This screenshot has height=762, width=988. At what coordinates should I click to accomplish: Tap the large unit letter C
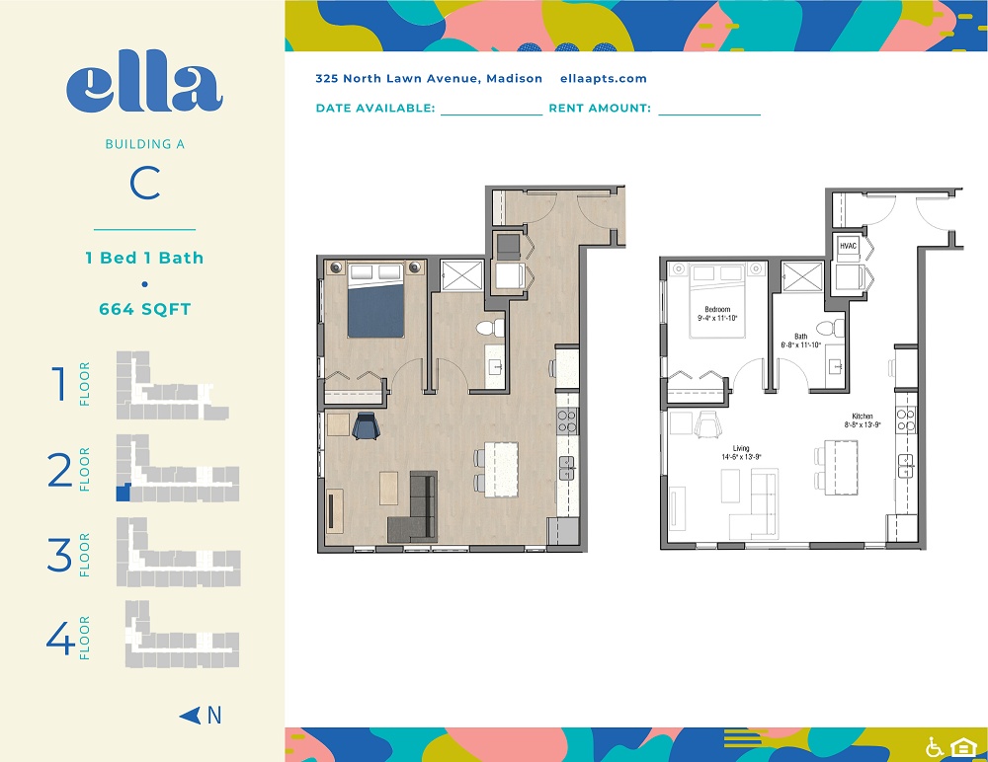[x=145, y=184]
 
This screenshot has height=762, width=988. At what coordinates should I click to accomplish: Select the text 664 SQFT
[x=145, y=309]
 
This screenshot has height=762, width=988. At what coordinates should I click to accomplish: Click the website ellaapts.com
[x=603, y=79]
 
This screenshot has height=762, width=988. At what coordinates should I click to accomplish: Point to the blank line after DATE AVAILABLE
[x=491, y=114]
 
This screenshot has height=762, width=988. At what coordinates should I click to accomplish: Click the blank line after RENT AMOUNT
[x=709, y=114]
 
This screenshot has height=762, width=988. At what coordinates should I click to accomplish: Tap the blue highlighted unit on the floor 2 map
[x=123, y=493]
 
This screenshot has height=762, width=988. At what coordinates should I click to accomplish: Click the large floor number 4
[x=60, y=638]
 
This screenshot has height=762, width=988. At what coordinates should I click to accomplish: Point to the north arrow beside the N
[x=190, y=716]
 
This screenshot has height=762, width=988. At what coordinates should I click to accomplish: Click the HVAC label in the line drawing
[x=848, y=246]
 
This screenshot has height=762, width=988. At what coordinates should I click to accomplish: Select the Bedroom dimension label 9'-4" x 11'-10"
[x=717, y=318]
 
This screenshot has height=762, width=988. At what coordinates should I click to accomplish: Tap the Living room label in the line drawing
[x=741, y=448]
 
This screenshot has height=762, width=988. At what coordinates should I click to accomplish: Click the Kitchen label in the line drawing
[x=863, y=417]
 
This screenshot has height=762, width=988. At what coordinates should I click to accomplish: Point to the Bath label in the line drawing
[x=801, y=337]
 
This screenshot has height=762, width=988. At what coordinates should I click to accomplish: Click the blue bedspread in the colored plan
[x=375, y=311]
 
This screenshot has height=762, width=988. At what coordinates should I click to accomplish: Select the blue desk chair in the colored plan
[x=366, y=425]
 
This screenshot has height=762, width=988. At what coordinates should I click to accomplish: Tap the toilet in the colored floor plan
[x=490, y=328]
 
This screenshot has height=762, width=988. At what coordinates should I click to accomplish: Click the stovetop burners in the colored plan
[x=567, y=420]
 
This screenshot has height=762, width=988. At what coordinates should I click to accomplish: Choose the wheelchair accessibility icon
[x=935, y=747]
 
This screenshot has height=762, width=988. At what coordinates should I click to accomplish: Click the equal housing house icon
[x=963, y=747]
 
